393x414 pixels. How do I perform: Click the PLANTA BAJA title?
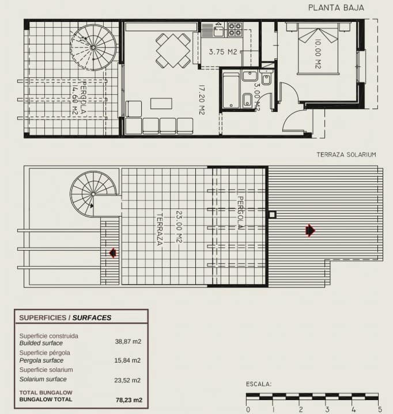pos(336,8)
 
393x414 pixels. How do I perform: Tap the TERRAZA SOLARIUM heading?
pos(346,155)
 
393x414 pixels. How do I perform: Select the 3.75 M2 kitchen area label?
pos(224,52)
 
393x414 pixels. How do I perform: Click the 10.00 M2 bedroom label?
pos(318,54)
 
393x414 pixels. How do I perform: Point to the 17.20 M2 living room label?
pos(202,100)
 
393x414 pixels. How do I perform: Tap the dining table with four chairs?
pos(173,50)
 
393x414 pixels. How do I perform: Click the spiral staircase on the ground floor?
pos(93,47)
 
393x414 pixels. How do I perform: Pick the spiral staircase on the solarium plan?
pos(93,193)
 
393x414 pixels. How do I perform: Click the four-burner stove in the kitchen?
pos(235,29)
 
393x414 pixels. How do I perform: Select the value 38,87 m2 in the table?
pos(128,341)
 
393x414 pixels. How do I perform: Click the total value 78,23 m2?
pos(129,400)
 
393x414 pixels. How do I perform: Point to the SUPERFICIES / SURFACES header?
pos(65,318)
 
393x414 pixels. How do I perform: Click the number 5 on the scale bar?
pos(379,409)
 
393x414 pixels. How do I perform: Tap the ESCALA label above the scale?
pos(259,384)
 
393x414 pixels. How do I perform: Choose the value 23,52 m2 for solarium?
pos(128,380)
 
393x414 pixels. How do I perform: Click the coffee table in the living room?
pos(161,103)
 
